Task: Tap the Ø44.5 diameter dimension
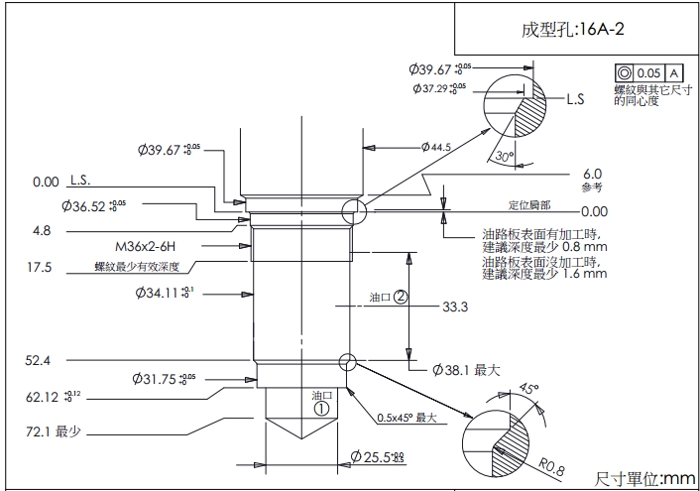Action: (435, 147)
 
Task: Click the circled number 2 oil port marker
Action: (401, 297)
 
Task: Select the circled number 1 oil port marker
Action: (321, 407)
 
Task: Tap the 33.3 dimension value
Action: (455, 307)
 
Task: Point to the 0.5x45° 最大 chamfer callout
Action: (407, 418)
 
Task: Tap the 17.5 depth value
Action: (40, 267)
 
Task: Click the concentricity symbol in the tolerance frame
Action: (624, 73)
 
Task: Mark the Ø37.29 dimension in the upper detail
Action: (440, 88)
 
